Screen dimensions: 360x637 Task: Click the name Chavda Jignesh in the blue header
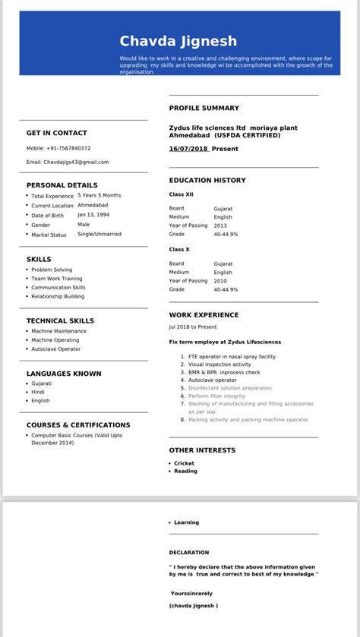click(x=178, y=42)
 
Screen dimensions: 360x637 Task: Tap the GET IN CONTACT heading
click(x=57, y=133)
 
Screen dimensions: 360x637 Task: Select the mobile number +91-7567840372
click(x=69, y=148)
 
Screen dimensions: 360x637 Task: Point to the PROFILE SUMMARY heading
click(x=204, y=109)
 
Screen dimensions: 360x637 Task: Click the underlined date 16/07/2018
click(x=188, y=149)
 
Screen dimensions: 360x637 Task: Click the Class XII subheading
click(x=181, y=194)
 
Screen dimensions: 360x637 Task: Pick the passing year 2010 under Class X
click(x=221, y=281)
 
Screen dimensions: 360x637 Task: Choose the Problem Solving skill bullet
click(x=52, y=270)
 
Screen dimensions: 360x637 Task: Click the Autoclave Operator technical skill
click(x=55, y=349)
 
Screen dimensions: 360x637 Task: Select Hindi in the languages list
click(x=38, y=392)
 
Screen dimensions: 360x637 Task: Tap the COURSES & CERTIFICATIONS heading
click(x=78, y=425)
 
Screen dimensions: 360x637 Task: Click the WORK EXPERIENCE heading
click(x=204, y=315)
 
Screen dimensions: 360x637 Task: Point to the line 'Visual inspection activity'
click(x=219, y=364)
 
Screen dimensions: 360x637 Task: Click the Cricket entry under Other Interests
click(x=184, y=463)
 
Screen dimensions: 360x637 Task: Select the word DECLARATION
click(x=189, y=553)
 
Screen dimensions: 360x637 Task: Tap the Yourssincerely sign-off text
click(x=191, y=593)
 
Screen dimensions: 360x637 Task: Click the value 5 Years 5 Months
click(x=99, y=195)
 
